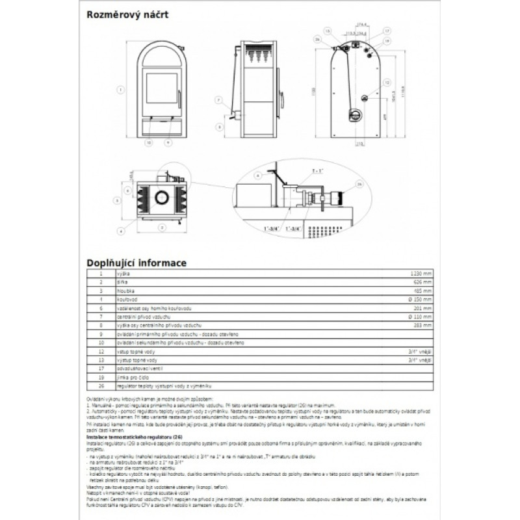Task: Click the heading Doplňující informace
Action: tap(137, 263)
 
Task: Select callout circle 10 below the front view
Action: tap(149, 141)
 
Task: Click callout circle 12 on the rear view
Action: tap(385, 83)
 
